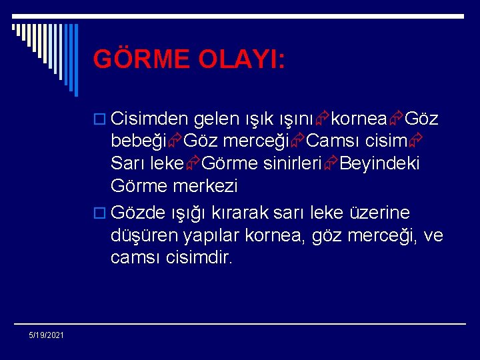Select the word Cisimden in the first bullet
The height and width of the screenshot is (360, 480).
click(150, 119)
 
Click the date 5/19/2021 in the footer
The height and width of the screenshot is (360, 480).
click(47, 335)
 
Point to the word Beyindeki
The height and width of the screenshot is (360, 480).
click(380, 163)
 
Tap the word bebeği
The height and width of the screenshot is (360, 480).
click(139, 141)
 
